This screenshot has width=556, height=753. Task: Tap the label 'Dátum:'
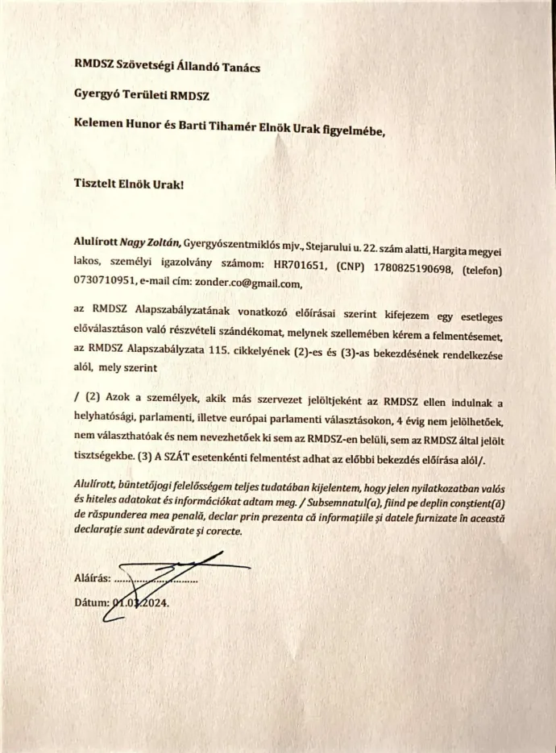(89, 602)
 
